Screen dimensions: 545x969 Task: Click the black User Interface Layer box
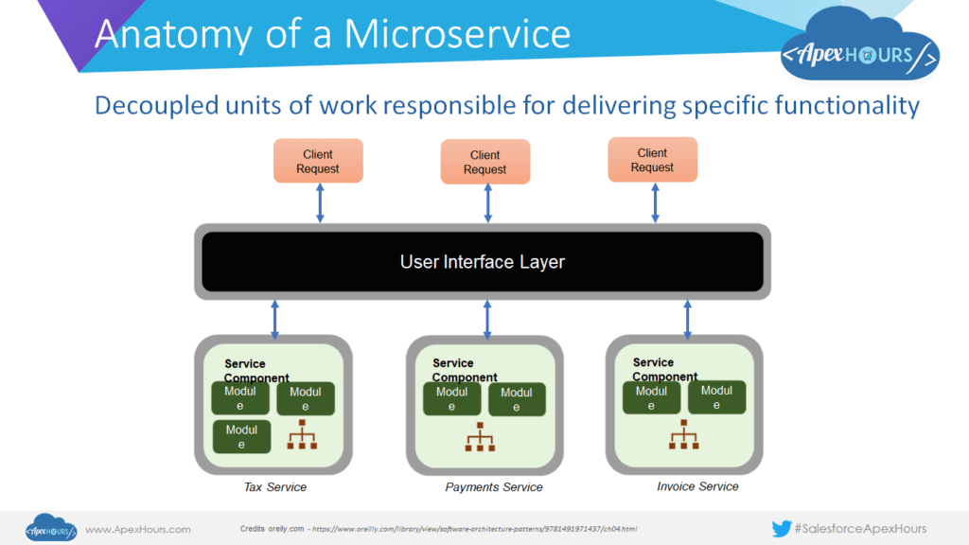(x=483, y=261)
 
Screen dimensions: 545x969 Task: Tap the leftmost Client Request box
(x=318, y=162)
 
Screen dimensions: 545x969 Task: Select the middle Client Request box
(x=485, y=162)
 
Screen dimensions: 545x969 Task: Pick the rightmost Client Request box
(x=652, y=160)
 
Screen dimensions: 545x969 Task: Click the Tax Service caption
(x=274, y=487)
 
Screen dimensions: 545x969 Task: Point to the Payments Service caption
(x=494, y=487)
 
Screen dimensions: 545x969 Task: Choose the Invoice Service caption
(x=697, y=486)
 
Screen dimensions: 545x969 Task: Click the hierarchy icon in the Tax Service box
(x=302, y=434)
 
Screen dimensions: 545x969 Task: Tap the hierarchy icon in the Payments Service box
(x=480, y=437)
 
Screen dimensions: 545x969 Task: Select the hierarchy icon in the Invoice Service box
(x=684, y=434)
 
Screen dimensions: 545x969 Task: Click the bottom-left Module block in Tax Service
(x=241, y=436)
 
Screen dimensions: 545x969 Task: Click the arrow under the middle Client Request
(x=487, y=203)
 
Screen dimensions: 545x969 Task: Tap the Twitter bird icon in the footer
(x=781, y=529)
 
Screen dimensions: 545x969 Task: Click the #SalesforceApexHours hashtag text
(x=860, y=529)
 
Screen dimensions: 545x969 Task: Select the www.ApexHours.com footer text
(x=138, y=530)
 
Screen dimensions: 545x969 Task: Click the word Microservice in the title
(x=457, y=34)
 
